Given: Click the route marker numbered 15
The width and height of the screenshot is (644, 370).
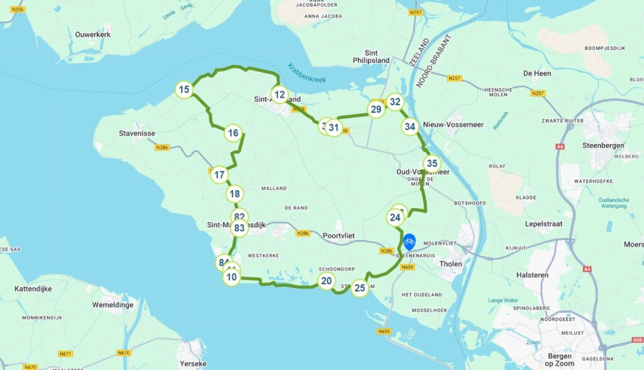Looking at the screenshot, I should coord(184,90).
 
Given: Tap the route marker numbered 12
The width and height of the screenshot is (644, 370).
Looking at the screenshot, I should coord(280,95).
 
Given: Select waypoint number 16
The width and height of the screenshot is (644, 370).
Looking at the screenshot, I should coord(233,133).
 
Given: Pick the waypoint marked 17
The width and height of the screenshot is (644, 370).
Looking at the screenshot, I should coord(219,175).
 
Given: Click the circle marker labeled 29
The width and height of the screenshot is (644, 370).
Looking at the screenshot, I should coord(375,110).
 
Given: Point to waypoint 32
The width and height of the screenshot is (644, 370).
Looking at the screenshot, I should coord(395,101).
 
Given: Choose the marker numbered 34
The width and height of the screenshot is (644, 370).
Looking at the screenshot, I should coord(410,127).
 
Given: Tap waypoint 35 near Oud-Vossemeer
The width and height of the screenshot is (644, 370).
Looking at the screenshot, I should coord(431,164).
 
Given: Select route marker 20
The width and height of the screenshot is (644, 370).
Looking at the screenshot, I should coord(326,281).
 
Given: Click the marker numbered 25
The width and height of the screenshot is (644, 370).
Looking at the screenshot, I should coord(360,289).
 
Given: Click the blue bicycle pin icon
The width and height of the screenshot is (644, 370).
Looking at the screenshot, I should coord(409,241).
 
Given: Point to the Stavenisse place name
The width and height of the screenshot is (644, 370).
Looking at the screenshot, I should coord(137,133).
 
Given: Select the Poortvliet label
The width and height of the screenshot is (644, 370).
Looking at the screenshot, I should coord(338,235).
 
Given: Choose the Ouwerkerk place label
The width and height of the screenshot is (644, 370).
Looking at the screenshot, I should coord(92,35).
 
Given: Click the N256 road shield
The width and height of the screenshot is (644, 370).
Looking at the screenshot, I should coord(17,9).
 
